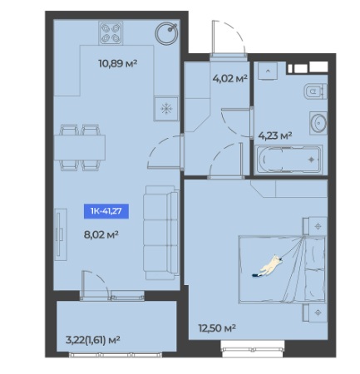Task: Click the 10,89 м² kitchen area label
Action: [118, 63]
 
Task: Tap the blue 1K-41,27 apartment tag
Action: [106, 211]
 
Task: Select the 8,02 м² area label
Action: [101, 235]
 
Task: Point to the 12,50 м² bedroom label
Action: [217, 328]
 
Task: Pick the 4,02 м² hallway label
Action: [229, 79]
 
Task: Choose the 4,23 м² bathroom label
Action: [275, 135]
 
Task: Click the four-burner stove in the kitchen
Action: [111, 33]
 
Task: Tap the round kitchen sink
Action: [166, 33]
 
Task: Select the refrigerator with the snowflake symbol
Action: [166, 109]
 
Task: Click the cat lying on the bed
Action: [269, 267]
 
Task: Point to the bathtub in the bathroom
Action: [288, 160]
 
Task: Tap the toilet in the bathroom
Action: [316, 91]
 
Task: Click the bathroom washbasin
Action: [318, 122]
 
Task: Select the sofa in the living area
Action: [160, 233]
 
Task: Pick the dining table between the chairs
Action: [80, 148]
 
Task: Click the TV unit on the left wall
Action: [61, 234]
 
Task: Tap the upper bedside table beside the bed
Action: [314, 226]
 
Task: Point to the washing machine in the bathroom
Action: [268, 71]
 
